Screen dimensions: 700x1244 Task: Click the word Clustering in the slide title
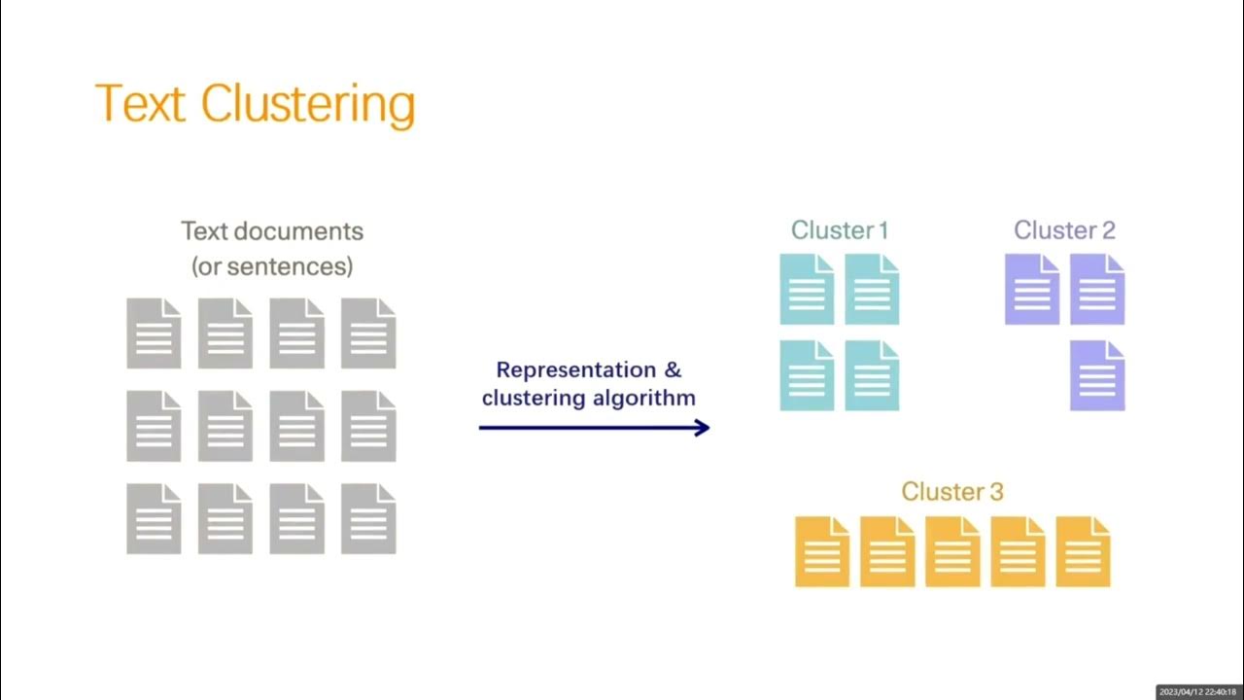click(x=308, y=104)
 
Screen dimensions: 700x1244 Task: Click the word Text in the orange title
click(x=140, y=102)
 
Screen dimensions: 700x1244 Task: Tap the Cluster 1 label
click(x=840, y=230)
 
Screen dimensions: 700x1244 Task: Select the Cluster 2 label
click(x=1064, y=230)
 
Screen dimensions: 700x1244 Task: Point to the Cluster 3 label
click(x=951, y=491)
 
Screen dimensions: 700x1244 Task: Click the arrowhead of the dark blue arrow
click(x=703, y=427)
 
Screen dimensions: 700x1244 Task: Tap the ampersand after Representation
click(x=673, y=369)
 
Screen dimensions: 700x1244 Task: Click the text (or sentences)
click(x=272, y=265)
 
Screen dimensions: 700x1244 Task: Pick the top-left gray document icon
click(x=154, y=333)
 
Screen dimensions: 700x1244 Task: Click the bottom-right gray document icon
click(x=368, y=519)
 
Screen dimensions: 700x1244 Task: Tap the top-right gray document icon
click(x=368, y=333)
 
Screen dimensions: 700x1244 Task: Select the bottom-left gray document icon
click(x=154, y=519)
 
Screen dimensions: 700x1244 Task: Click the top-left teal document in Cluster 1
click(x=807, y=289)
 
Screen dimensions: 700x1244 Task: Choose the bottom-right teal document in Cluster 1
click(x=872, y=375)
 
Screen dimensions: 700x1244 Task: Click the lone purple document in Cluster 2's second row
click(x=1097, y=375)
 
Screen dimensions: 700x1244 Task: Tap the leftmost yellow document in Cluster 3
click(x=822, y=551)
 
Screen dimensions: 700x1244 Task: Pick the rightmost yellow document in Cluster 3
click(x=1083, y=551)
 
